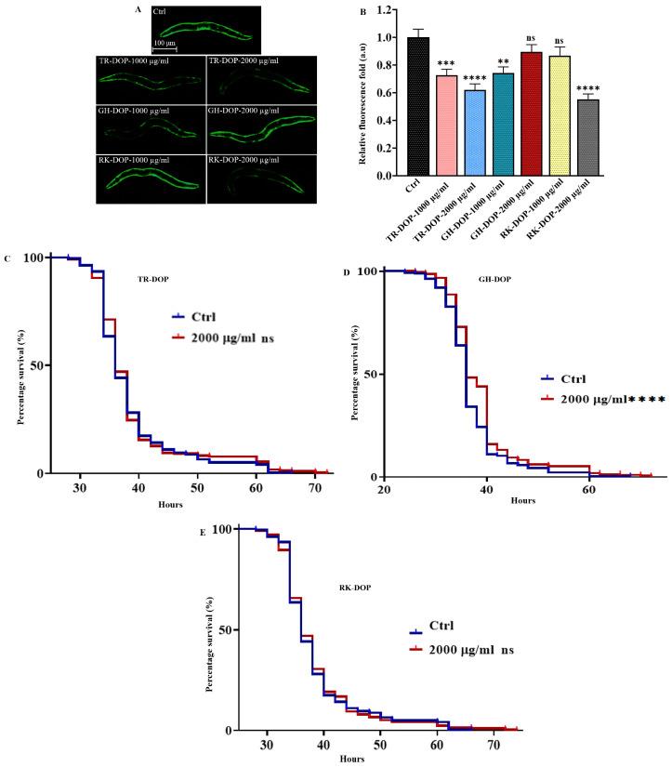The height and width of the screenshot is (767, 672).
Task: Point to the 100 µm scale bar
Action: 165,46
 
